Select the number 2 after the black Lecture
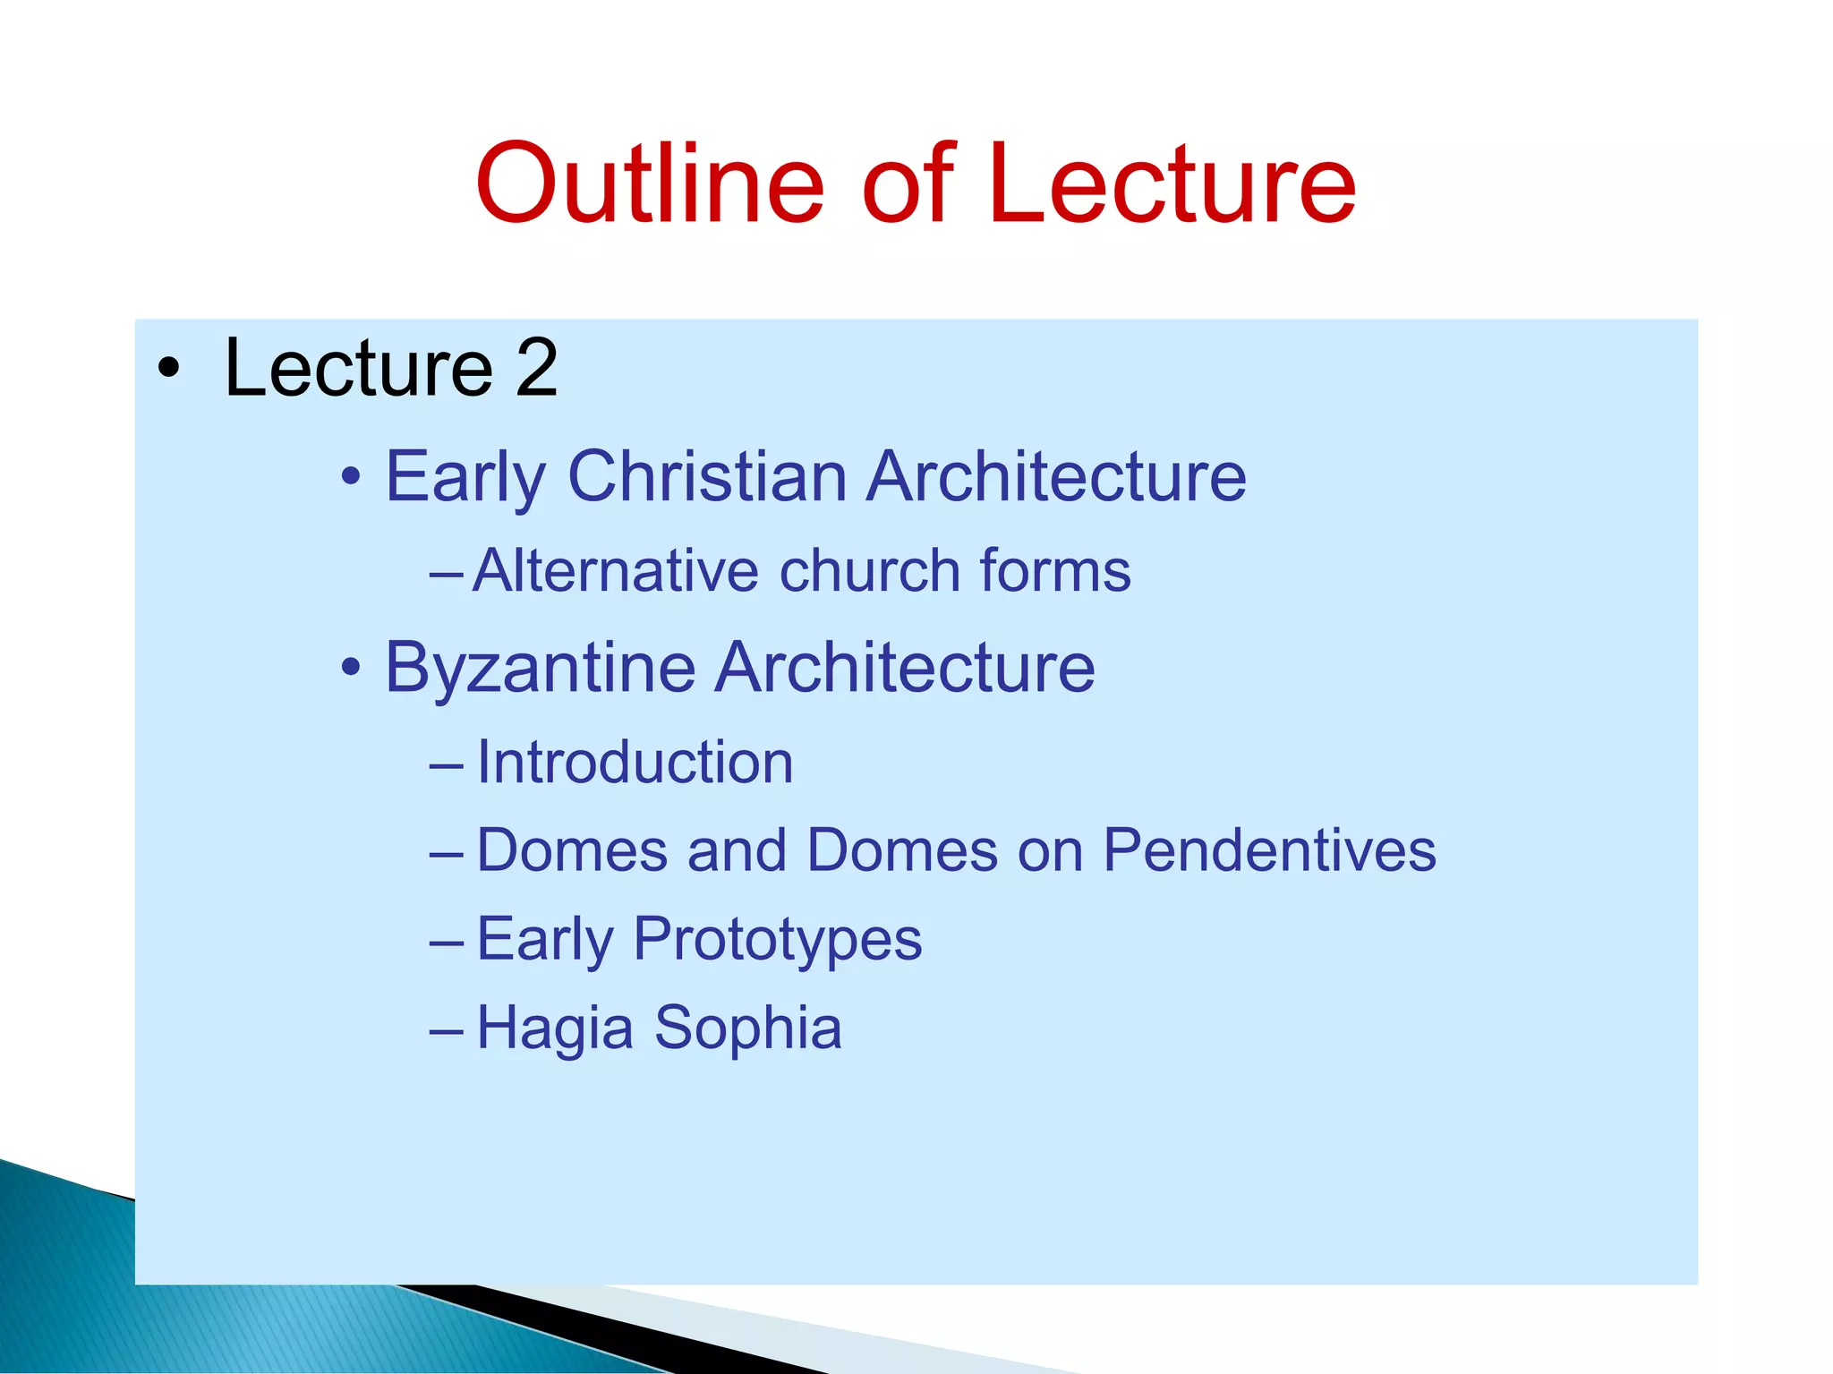(536, 368)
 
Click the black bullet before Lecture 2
(167, 368)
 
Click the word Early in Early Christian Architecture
(465, 476)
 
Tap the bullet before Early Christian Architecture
(351, 477)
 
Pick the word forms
(1055, 570)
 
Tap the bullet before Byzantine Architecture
(351, 668)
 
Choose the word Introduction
(635, 763)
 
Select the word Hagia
(554, 1028)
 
